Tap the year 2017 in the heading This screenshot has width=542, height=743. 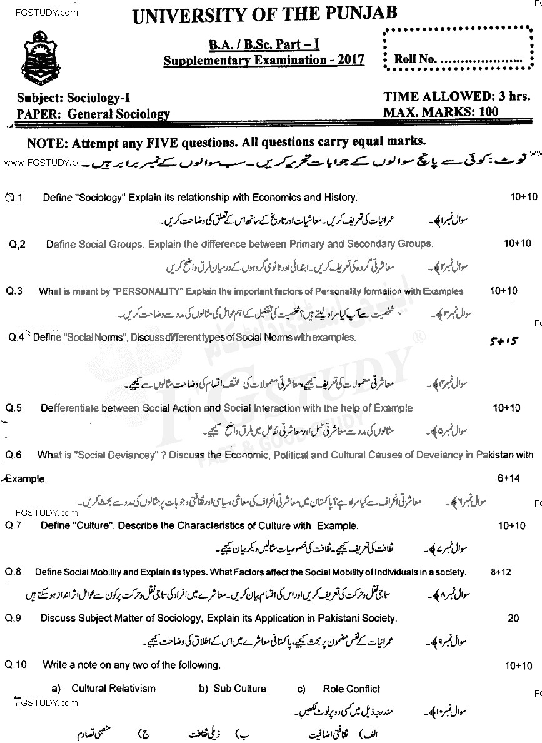[x=350, y=60]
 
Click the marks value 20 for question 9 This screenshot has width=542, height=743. [x=513, y=619]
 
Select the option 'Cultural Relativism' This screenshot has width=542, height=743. [x=113, y=689]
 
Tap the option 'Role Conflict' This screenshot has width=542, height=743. [x=351, y=689]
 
